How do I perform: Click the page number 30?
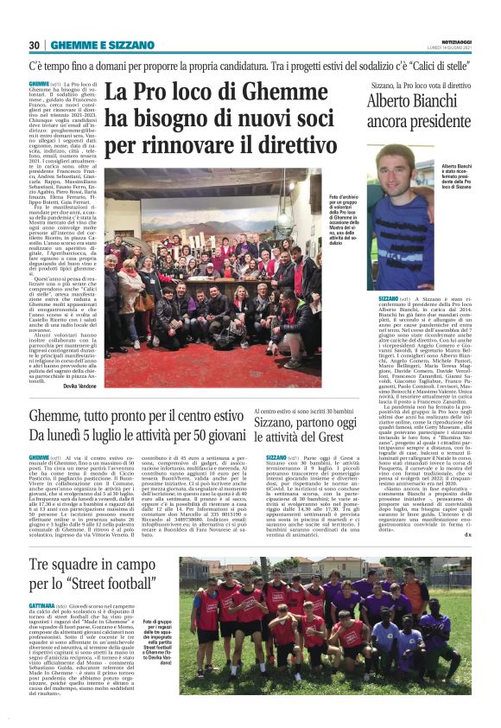(35, 45)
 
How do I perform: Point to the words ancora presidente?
(418, 123)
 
